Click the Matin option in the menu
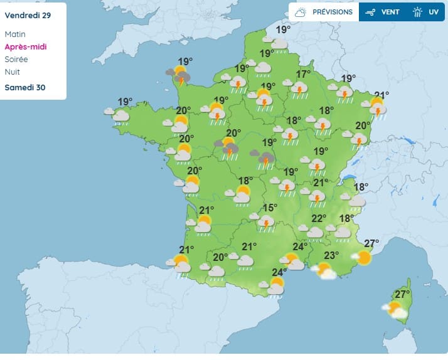[14, 34]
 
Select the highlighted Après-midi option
[26, 46]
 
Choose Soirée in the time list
[16, 59]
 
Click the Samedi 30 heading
[25, 87]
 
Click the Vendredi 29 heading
[27, 15]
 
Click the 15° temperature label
[270, 208]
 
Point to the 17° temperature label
[303, 74]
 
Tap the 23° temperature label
[331, 255]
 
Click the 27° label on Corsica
[402, 294]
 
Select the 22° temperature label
[319, 218]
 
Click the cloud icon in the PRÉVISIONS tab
[301, 12]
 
